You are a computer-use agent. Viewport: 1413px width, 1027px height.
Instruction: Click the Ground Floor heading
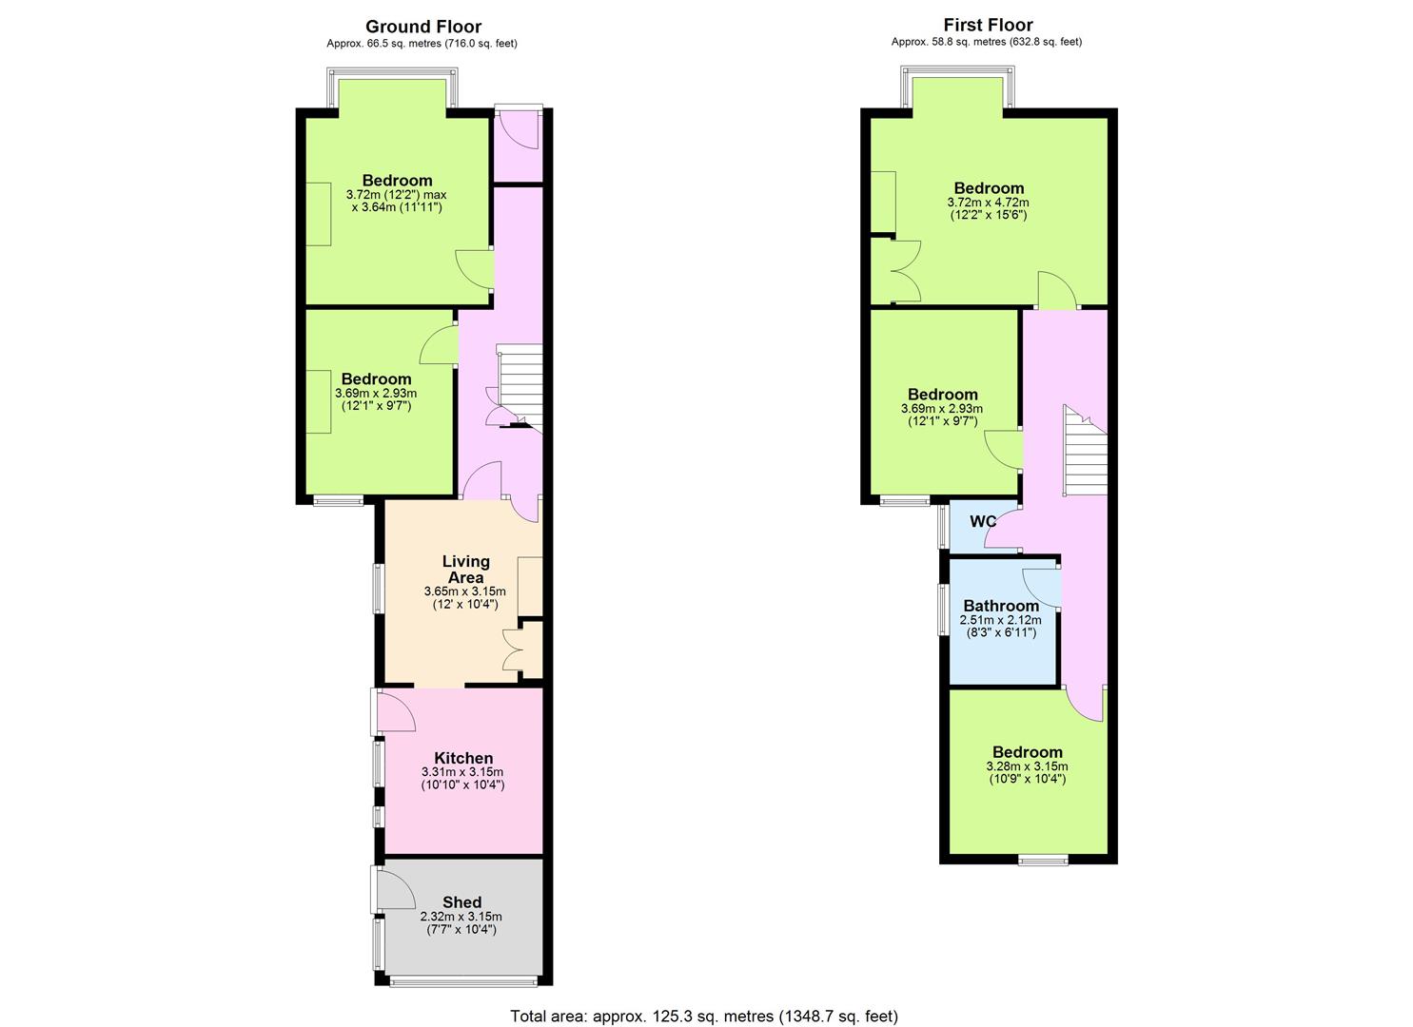[x=423, y=27]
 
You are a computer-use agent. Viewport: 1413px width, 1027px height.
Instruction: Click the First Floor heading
[x=988, y=25]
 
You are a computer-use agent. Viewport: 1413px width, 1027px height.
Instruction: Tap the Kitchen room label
[x=463, y=758]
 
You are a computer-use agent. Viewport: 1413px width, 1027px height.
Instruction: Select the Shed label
[x=461, y=902]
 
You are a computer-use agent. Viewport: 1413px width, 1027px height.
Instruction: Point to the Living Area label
[x=466, y=569]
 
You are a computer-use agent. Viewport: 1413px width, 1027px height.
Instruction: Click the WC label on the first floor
[x=983, y=521]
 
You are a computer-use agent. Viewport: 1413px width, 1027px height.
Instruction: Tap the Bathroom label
[x=1001, y=606]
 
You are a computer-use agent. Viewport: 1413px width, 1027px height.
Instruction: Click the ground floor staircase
[x=520, y=388]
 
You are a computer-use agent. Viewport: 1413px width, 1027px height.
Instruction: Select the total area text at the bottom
[x=704, y=998]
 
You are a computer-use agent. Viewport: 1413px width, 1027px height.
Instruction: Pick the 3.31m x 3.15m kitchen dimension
[x=462, y=771]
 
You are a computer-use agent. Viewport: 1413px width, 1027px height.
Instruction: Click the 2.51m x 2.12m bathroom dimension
[x=1000, y=620]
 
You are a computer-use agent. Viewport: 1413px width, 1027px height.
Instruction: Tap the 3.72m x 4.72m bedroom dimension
[x=988, y=203]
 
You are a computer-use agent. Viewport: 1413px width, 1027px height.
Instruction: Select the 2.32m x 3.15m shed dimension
[x=461, y=916]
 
